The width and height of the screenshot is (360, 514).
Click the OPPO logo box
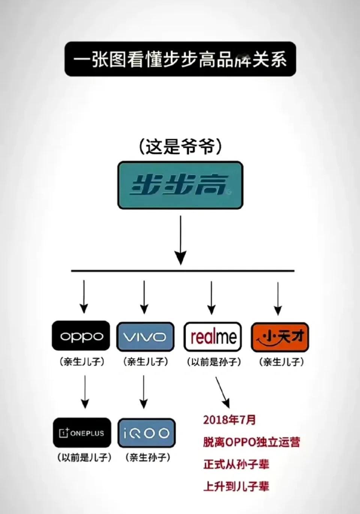81,336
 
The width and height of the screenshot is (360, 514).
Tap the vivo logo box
145,337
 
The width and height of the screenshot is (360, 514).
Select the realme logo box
213,337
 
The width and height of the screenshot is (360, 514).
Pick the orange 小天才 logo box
280,337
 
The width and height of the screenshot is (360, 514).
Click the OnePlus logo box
82,433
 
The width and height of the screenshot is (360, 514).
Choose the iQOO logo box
146,433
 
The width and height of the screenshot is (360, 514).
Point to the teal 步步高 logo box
180,185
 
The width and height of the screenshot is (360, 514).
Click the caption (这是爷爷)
180,147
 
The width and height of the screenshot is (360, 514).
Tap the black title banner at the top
180,59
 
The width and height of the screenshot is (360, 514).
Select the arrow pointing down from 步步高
181,240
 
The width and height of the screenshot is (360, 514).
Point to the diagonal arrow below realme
222,392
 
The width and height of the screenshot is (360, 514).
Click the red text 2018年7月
229,419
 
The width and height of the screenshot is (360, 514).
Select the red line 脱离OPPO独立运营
252,442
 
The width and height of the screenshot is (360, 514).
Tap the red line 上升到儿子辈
236,487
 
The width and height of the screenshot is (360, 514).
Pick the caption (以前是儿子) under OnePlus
84,457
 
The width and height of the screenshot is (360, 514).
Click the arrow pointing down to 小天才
278,298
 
